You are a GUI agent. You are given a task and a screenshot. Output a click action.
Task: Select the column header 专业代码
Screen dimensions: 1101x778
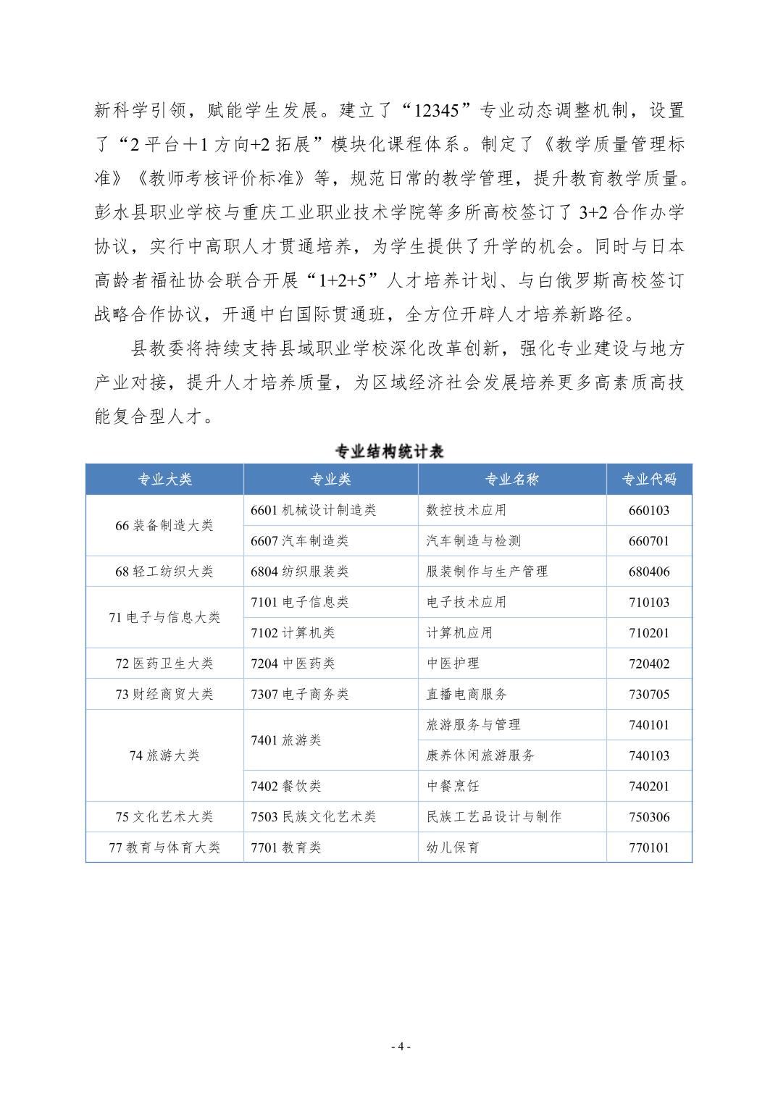(x=649, y=480)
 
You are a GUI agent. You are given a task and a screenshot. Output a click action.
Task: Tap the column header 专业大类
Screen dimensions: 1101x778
(x=165, y=480)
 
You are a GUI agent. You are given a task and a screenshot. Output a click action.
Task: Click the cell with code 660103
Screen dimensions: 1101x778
(x=649, y=511)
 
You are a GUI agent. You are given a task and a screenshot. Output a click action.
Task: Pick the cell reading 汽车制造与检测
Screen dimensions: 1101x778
(x=473, y=541)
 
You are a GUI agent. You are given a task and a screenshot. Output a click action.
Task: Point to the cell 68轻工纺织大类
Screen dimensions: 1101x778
(x=164, y=572)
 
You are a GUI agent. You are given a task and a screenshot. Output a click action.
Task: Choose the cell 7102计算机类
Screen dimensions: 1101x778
(x=293, y=633)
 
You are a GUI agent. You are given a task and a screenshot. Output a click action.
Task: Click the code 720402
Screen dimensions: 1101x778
(x=649, y=663)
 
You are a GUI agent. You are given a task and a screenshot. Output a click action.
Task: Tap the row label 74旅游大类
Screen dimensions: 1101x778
(x=164, y=755)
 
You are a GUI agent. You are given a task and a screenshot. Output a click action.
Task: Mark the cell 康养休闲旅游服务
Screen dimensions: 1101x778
(x=480, y=755)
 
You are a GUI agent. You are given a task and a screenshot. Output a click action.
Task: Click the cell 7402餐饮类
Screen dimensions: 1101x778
(x=285, y=787)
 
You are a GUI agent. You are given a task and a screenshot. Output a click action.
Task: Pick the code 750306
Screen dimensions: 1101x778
(x=649, y=817)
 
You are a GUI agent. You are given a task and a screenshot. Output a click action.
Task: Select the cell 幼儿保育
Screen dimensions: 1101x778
(x=453, y=847)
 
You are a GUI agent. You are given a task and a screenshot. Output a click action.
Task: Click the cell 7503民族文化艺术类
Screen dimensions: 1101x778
(x=314, y=817)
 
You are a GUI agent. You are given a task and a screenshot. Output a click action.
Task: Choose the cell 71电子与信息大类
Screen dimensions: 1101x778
(x=164, y=618)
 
